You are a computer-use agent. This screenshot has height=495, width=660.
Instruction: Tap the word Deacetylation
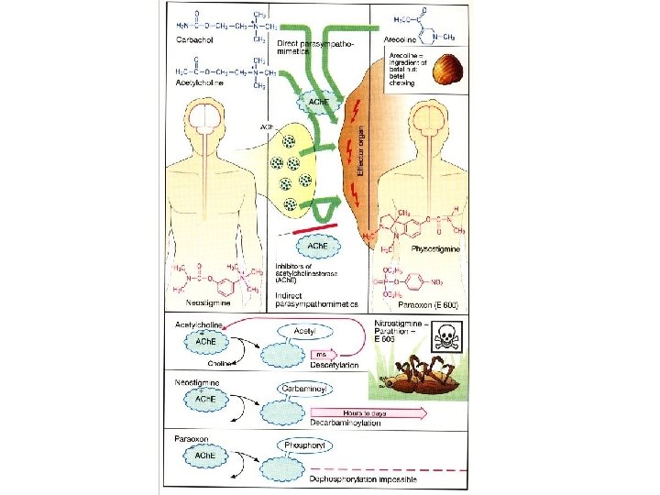pos(333,365)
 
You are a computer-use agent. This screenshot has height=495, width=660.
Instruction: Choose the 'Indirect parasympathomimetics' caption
pos(315,300)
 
